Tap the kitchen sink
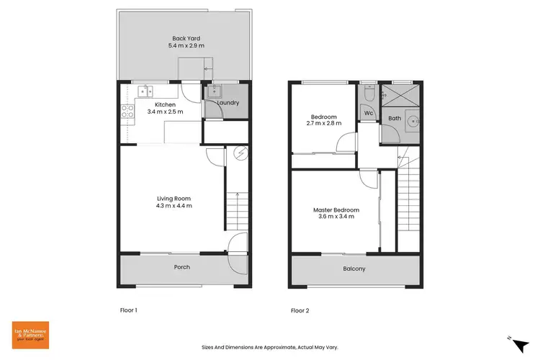coord(148,92)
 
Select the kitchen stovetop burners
coord(128,111)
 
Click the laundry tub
coord(215,92)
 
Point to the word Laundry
coord(228,103)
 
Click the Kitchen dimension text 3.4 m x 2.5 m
coord(165,112)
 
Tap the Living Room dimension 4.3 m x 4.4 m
coord(174,206)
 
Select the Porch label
coord(182,267)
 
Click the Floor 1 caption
coord(128,310)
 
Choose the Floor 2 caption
coord(300,310)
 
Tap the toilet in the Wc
coord(368,94)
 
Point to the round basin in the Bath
coord(413,122)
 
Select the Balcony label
coord(354,269)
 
